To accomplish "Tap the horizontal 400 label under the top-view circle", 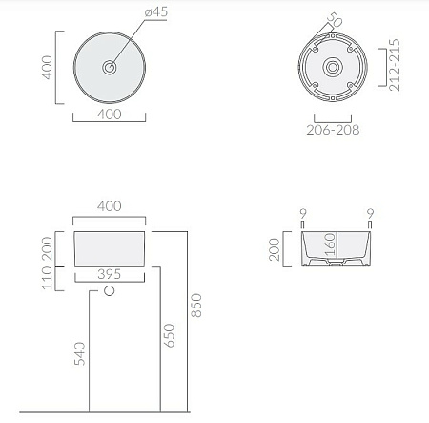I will point(110,114).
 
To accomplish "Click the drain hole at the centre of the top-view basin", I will point(111,68).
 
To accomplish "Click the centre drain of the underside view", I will point(332,68).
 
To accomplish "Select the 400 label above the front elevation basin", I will point(111,206).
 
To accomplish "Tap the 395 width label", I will point(111,274).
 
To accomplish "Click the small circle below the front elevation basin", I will point(110,290).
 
